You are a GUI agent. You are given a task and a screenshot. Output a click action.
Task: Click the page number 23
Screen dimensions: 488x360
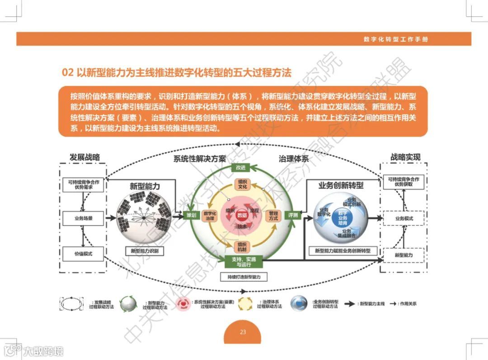[x=243, y=332]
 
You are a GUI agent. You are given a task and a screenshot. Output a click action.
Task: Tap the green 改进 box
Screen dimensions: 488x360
[x=240, y=168]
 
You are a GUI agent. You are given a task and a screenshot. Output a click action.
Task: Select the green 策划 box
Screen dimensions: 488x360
[x=191, y=216]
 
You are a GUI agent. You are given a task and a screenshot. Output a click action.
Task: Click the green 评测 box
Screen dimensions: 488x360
[x=293, y=216]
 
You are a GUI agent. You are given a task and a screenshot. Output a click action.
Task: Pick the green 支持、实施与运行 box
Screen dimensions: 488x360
[x=244, y=261]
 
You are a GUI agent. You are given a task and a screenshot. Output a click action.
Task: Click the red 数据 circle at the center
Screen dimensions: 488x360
[x=242, y=215]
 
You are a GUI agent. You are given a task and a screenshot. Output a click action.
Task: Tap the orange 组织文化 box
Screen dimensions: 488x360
[x=242, y=184]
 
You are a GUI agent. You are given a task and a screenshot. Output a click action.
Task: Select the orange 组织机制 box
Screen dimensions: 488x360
[x=242, y=246]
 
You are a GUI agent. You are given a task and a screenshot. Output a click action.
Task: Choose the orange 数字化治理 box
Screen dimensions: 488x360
[x=210, y=216]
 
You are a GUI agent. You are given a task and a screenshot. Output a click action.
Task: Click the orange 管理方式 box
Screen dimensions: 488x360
[x=273, y=216]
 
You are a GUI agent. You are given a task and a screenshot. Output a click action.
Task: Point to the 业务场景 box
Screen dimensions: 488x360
[x=84, y=218]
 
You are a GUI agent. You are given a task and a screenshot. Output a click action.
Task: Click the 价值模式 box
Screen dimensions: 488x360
[x=84, y=254]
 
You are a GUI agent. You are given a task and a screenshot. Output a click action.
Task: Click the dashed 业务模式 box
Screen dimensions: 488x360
[x=404, y=218]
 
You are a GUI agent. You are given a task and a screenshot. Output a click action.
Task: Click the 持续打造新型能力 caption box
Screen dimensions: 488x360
[x=244, y=276]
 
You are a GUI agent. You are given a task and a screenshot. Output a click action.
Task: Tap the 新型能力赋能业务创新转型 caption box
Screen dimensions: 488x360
[x=342, y=250]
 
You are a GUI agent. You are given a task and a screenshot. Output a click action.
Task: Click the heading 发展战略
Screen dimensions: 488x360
[x=84, y=157]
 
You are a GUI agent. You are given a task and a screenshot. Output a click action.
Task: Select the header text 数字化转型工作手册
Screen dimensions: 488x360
[x=396, y=39]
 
